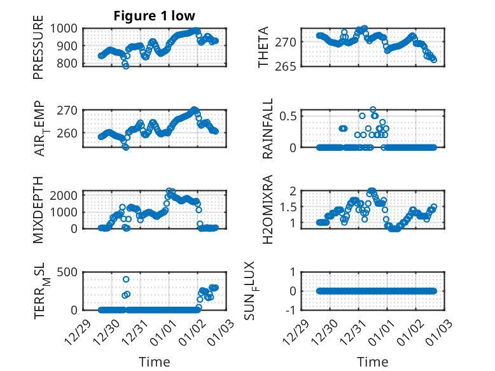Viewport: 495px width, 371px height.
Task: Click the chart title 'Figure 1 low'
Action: [x=155, y=15]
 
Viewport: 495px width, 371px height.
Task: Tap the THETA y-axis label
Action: [x=263, y=48]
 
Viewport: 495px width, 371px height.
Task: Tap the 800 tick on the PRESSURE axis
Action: [x=67, y=63]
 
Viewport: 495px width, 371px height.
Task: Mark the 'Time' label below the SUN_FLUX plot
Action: [x=373, y=362]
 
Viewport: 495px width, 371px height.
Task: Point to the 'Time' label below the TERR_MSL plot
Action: [x=155, y=362]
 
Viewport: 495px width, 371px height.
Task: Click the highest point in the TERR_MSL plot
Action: [x=126, y=279]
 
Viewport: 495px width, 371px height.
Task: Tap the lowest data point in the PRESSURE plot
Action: [x=126, y=66]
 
